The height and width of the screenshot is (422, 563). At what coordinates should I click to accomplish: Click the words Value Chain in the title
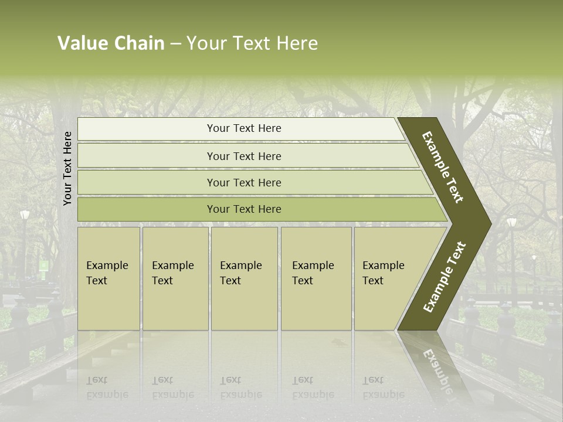pos(111,43)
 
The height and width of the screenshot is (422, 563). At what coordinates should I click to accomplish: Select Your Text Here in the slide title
pos(252,43)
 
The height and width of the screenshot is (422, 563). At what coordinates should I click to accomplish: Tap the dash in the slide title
pos(175,44)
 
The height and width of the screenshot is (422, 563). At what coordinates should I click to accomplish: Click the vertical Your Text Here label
pos(67,168)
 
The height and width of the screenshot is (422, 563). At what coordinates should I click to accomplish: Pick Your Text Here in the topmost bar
pos(244,128)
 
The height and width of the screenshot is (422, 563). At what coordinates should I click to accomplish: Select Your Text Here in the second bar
pos(244,156)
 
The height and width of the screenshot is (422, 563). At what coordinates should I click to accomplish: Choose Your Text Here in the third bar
pos(244,182)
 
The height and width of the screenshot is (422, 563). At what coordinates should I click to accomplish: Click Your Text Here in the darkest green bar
pos(244,209)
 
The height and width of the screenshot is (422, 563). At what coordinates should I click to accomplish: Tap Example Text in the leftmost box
pos(107,273)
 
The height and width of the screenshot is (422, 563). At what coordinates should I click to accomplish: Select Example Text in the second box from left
pos(172,273)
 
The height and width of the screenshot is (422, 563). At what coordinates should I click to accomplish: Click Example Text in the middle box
pos(240,273)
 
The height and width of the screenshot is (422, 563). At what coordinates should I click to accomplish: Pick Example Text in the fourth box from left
pos(313,273)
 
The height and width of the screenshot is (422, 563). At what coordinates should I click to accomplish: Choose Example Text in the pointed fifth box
pos(383,273)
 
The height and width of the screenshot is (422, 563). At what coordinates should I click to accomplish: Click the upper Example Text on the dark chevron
pos(443,167)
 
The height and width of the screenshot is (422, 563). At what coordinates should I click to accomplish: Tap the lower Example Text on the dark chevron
pos(445,277)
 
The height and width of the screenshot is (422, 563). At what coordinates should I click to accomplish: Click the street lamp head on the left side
pos(25,215)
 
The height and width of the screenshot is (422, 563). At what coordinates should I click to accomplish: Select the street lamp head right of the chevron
pos(511,222)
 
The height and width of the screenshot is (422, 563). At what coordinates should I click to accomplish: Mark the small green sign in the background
pos(43,265)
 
